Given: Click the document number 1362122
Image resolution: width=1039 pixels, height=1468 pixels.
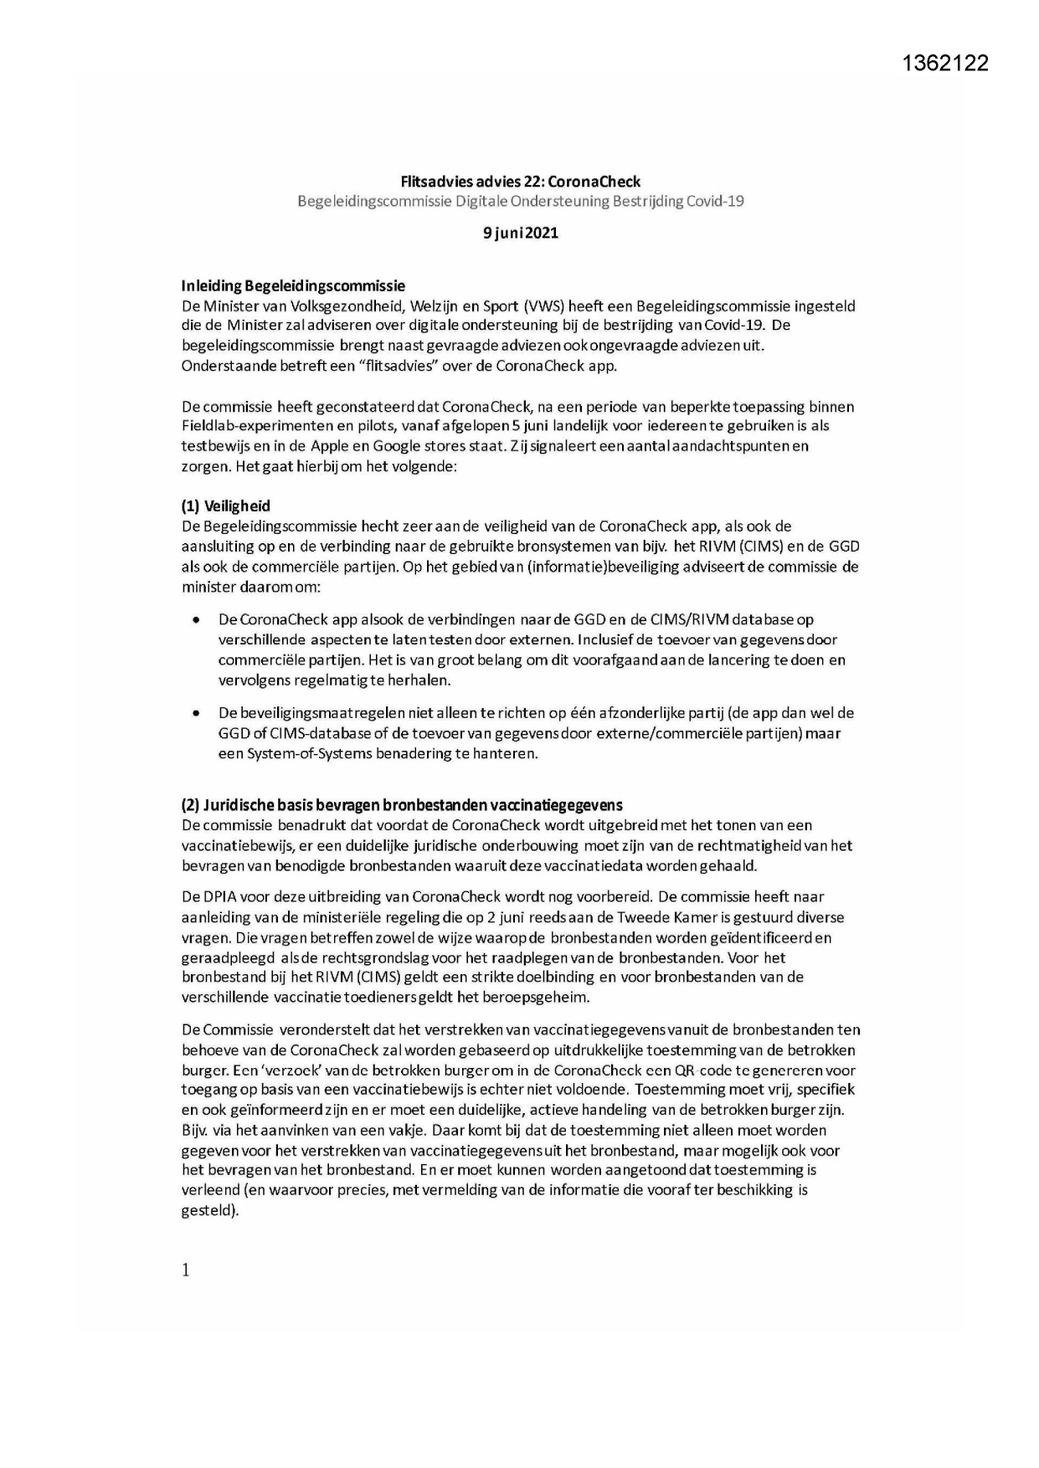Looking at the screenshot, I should coord(945,63).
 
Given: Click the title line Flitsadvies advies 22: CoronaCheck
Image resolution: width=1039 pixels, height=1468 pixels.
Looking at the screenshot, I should coord(520,182).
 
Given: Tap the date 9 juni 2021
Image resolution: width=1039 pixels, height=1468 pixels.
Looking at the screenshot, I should coord(520,233).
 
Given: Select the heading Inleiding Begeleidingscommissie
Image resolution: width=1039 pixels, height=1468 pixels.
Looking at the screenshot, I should coord(293,286).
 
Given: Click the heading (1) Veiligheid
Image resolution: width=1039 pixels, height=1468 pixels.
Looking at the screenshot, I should coord(226,506).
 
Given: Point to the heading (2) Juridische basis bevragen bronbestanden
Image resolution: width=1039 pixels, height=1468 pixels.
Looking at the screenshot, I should coord(402,805).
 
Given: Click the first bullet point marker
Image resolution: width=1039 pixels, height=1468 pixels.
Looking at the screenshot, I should coord(196,620).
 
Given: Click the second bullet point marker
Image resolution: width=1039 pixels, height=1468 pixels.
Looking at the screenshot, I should coord(196,714).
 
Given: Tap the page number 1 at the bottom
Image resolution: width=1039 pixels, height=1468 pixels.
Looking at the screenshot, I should coord(186,1270).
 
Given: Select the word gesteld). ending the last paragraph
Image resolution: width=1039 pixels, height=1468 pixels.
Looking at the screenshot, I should coord(210,1210).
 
